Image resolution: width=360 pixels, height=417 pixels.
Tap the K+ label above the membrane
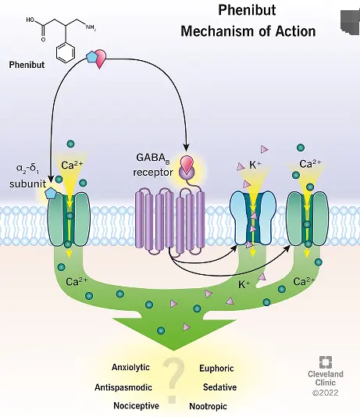254,166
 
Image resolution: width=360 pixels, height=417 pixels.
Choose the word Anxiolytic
130,368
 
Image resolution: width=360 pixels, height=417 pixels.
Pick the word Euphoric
216,368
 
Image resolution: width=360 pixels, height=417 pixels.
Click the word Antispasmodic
123,387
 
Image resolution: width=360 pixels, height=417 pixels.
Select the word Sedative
219,387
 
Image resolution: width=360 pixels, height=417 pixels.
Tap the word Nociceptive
136,405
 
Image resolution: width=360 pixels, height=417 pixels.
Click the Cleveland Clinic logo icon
326,362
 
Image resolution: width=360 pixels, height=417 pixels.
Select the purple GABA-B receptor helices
169,221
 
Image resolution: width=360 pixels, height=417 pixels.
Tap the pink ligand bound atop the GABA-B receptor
187,165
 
